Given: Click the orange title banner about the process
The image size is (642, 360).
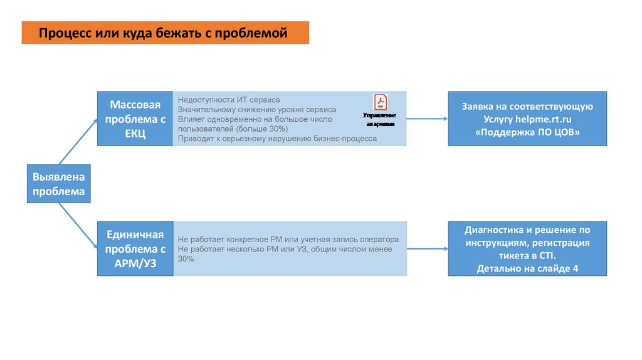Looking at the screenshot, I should pyautogui.click(x=165, y=32).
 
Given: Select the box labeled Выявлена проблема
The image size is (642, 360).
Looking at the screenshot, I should pyautogui.click(x=59, y=184).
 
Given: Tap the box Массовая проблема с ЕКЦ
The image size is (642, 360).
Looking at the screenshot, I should pyautogui.click(x=135, y=119).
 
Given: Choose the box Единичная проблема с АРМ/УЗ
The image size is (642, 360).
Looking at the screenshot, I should pyautogui.click(x=135, y=248).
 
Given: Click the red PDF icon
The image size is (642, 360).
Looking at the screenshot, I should pyautogui.click(x=380, y=102).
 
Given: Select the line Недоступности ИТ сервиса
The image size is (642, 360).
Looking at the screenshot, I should pyautogui.click(x=229, y=100).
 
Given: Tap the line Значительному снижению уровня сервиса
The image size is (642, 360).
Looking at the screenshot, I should pyautogui.click(x=256, y=109).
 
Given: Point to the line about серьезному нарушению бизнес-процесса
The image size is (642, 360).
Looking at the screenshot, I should pyautogui.click(x=277, y=139).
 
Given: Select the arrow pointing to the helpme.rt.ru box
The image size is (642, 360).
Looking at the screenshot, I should pyautogui.click(x=427, y=119).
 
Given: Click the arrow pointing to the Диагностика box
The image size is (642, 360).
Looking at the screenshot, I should pyautogui.click(x=427, y=248).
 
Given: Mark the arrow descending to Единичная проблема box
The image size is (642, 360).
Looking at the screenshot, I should pyautogui.click(x=75, y=225).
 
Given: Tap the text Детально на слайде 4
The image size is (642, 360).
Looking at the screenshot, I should pyautogui.click(x=527, y=268).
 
